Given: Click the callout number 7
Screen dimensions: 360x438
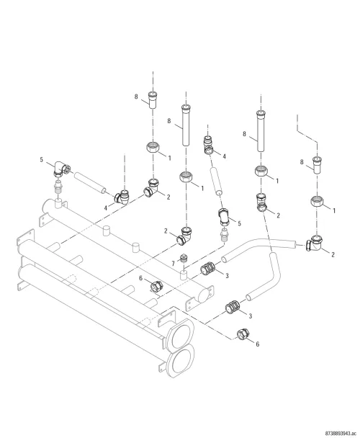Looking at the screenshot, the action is pyautogui.click(x=173, y=264).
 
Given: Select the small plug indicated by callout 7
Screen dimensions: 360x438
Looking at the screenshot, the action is pyautogui.click(x=184, y=258).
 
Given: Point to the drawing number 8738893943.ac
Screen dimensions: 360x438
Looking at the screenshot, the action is pyautogui.click(x=341, y=433).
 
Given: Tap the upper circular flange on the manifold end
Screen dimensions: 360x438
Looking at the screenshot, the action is pyautogui.click(x=181, y=335).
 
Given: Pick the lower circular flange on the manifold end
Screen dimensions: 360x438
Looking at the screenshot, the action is pyautogui.click(x=181, y=361).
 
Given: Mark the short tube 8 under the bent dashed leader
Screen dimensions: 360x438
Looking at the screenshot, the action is pyautogui.click(x=317, y=166).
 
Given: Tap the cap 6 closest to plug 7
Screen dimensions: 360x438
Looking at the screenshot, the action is pyautogui.click(x=156, y=286).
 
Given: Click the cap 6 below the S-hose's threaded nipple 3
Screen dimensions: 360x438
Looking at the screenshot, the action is pyautogui.click(x=243, y=334).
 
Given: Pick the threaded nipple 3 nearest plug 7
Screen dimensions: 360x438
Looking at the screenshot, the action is pyautogui.click(x=207, y=269).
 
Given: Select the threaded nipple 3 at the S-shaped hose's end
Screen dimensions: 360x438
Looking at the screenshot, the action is pyautogui.click(x=233, y=307).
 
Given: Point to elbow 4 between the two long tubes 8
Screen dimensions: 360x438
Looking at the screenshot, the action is pyautogui.click(x=208, y=145).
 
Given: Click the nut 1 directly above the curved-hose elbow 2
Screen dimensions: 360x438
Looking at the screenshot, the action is pyautogui.click(x=317, y=201).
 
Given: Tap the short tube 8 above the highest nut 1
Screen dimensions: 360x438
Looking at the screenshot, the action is pyautogui.click(x=153, y=99).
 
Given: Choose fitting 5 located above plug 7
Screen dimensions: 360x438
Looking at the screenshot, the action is pyautogui.click(x=224, y=217).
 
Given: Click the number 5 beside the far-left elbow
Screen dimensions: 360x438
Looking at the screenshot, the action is pyautogui.click(x=42, y=159).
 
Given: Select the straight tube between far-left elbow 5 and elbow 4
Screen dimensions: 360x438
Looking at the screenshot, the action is pyautogui.click(x=90, y=183).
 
